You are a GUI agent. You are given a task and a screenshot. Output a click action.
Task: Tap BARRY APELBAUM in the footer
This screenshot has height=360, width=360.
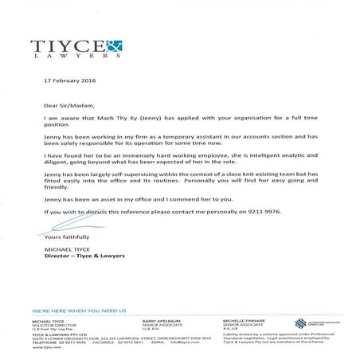[149, 318]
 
